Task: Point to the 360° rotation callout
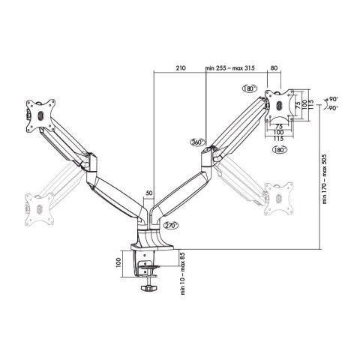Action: coord(197,141)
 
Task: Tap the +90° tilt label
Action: coord(332,98)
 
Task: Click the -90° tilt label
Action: coord(332,108)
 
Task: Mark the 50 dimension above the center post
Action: coord(149,193)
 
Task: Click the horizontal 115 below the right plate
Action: coord(279,138)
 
